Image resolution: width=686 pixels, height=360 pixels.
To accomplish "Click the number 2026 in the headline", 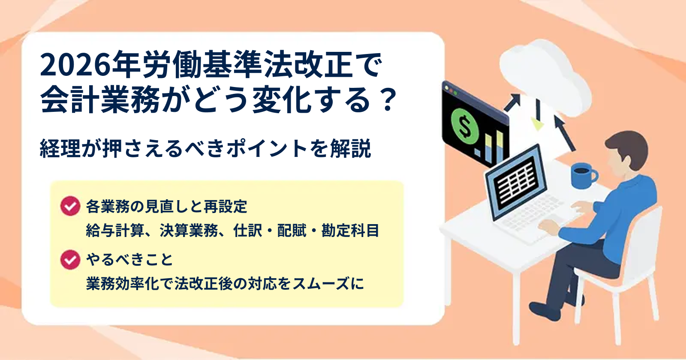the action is [x=75, y=65].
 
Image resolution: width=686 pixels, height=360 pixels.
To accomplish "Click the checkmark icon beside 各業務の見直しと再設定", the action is [x=70, y=206].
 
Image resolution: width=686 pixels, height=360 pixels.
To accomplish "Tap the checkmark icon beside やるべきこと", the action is [x=70, y=260].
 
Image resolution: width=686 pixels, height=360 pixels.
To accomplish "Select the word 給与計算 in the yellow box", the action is [x=115, y=230].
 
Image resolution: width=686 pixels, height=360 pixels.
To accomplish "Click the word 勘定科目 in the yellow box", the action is [x=350, y=230].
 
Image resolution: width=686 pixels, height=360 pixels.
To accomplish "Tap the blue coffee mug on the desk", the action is [x=584, y=176].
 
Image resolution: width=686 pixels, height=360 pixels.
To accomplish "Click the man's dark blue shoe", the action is [x=545, y=311].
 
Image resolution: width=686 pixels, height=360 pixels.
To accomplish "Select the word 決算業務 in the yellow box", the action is [x=189, y=230].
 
